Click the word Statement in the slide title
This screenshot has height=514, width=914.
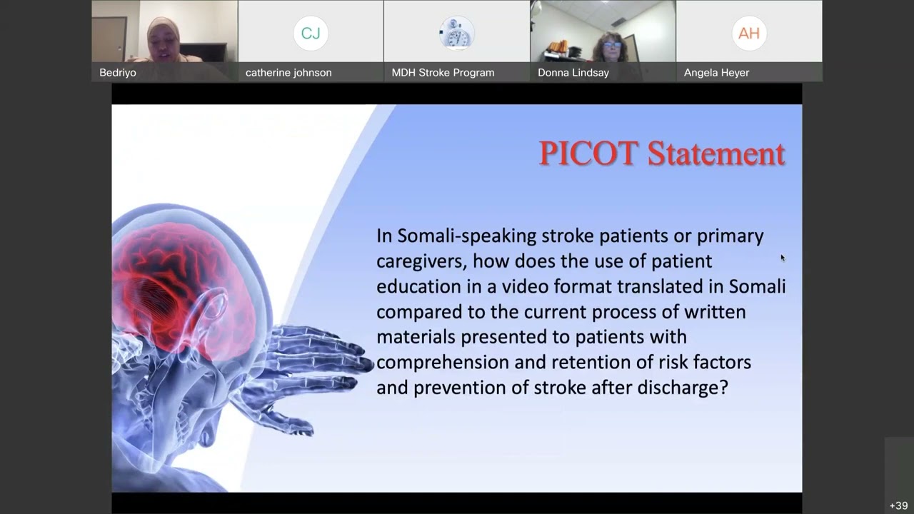[716, 153]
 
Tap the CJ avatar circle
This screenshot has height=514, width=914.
[311, 33]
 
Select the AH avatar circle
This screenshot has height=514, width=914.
[749, 33]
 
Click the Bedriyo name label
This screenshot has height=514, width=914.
[118, 72]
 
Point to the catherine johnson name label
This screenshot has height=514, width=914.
[288, 72]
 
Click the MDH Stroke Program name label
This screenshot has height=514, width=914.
[443, 72]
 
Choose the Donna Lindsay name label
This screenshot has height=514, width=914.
[573, 72]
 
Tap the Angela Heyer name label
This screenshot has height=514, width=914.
[716, 72]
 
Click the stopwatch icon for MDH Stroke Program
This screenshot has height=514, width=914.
[456, 33]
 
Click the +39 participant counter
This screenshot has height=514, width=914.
[898, 505]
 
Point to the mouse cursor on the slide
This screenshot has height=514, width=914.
[783, 258]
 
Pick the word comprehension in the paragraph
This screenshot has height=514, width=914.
[443, 362]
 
